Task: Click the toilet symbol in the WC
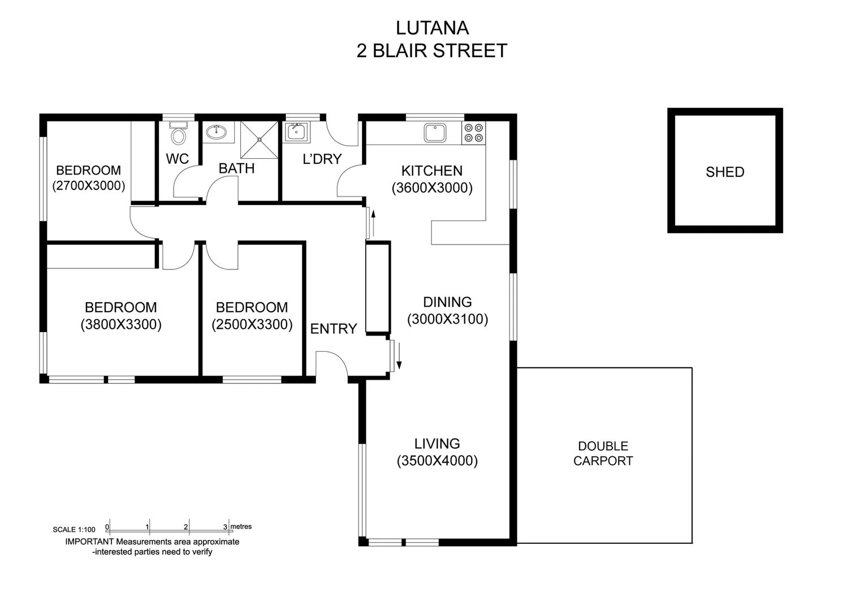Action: click(178, 134)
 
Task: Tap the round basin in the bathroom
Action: click(216, 132)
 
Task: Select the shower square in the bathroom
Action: click(260, 140)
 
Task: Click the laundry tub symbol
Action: click(296, 132)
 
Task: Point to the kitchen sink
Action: click(435, 133)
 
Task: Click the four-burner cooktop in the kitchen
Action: click(474, 133)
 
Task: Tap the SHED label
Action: click(724, 172)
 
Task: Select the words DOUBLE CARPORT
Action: click(603, 454)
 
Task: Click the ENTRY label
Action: click(334, 329)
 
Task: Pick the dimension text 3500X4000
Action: click(437, 461)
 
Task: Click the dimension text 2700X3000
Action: click(89, 186)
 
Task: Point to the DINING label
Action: click(447, 302)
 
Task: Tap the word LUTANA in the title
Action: click(432, 28)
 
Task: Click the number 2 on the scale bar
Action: click(186, 527)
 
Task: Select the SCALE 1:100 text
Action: click(74, 530)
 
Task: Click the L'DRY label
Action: click(322, 159)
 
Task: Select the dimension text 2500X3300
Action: click(252, 325)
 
